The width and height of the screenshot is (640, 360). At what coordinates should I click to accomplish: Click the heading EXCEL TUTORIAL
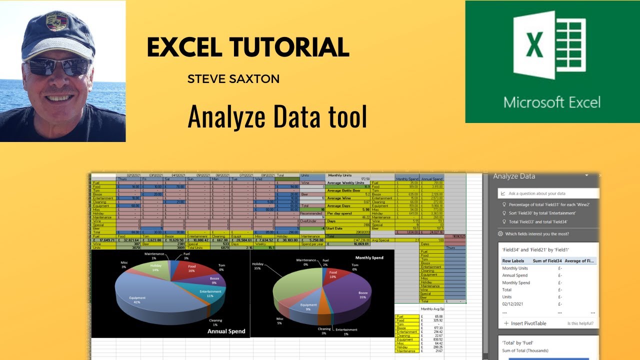click(247, 47)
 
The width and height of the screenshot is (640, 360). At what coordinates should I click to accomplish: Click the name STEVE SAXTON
click(233, 79)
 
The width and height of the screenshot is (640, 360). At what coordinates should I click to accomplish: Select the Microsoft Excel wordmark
click(551, 102)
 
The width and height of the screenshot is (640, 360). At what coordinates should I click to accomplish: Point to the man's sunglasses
click(57, 66)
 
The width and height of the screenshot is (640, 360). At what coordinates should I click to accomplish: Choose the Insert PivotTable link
click(525, 323)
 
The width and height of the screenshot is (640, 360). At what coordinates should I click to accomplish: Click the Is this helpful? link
click(580, 323)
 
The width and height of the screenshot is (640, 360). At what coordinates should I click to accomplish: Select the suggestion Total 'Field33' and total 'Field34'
click(537, 221)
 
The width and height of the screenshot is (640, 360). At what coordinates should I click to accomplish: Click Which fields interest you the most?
click(543, 234)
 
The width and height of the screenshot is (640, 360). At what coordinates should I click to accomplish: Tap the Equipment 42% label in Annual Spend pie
click(137, 300)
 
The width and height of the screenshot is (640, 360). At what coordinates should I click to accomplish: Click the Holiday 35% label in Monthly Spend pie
click(258, 266)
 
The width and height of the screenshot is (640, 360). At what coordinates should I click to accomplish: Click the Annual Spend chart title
click(226, 331)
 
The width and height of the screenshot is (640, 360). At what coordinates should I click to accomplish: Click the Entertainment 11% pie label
click(210, 293)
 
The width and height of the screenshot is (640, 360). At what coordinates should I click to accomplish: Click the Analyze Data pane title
click(514, 176)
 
